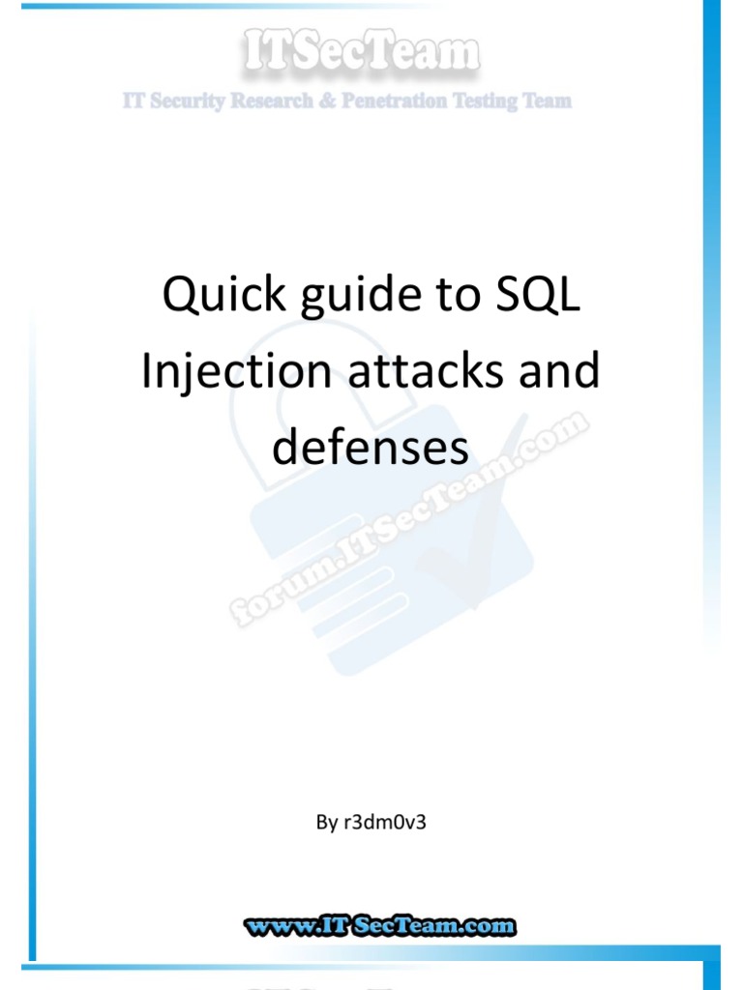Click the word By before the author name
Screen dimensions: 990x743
point(326,824)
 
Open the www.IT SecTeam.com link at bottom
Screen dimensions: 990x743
point(379,926)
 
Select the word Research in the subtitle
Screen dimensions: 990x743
point(262,102)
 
